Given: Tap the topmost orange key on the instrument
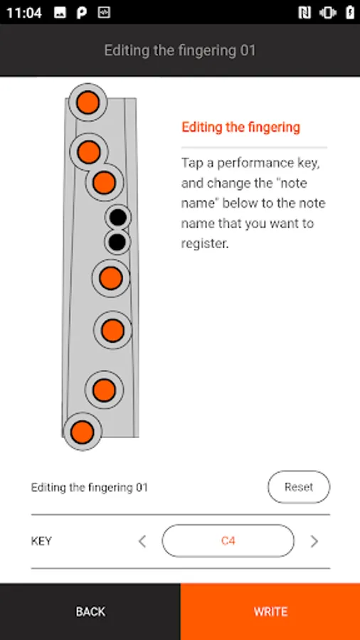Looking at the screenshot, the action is pos(88,102).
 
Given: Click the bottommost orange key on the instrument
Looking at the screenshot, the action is pos(83,432).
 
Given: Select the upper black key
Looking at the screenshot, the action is pos(118,217).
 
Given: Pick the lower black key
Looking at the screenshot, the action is pos(117,242).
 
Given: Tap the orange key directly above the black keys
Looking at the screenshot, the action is pos(104,183).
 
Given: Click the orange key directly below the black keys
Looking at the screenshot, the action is pos(110,278).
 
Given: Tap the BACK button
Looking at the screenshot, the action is pos(90,612).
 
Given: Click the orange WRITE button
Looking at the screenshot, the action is pos(270,612).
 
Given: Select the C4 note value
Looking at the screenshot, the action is pos(228,541).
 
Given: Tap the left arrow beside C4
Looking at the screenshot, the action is pos(142,541).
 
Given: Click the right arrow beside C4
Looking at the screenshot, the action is pos(314,541).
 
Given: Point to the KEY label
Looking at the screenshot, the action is pos(41,541).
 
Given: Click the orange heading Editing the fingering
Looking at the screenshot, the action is pos(240,127).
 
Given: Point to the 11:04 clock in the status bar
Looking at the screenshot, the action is pos(24,13).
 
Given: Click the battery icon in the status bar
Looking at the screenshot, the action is pos(350,13).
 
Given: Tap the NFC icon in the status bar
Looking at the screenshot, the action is pos(305,13).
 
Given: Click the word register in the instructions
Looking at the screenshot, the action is pos(204,244).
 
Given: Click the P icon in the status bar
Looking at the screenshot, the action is pos(82,13).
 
